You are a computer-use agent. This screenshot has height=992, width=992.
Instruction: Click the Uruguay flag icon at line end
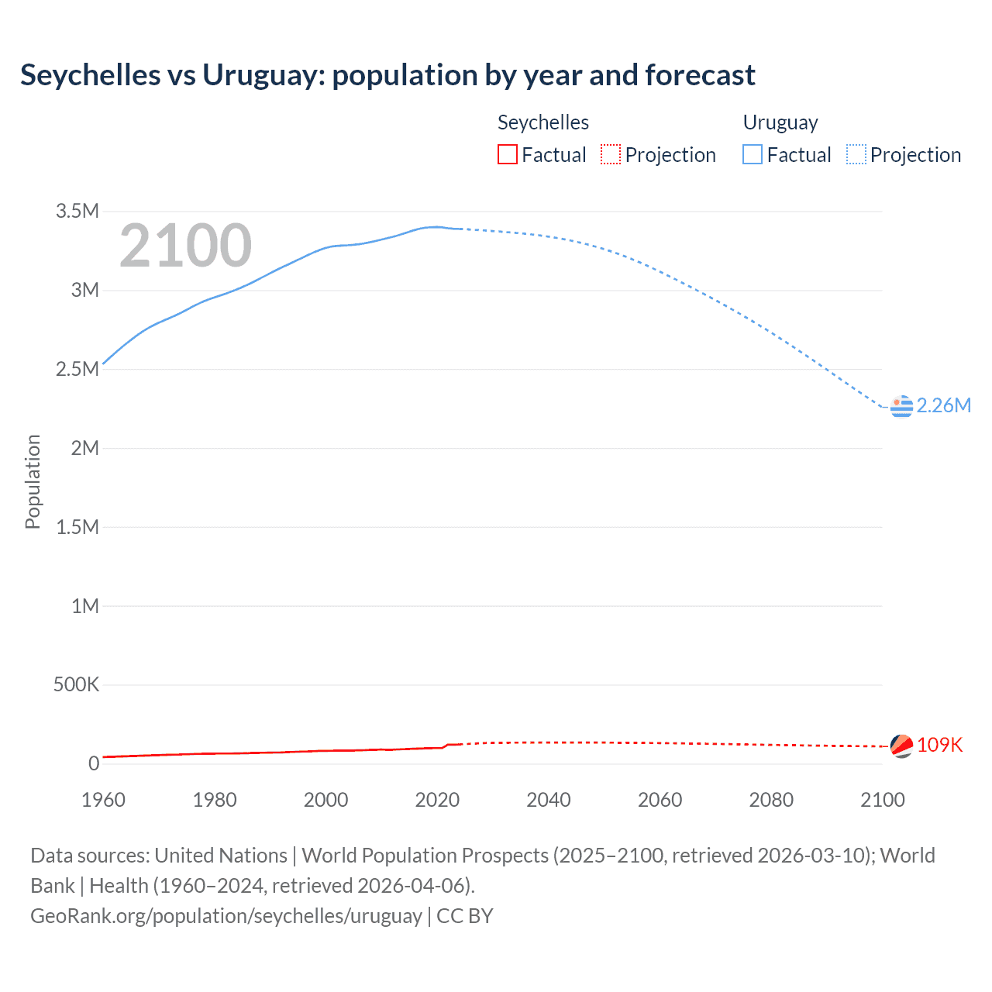pyautogui.click(x=901, y=405)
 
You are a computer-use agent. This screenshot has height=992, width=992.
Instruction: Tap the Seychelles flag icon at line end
pyautogui.click(x=901, y=746)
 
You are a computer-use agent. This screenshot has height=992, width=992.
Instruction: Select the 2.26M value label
pyautogui.click(x=943, y=405)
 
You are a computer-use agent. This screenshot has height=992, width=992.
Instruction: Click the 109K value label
pyautogui.click(x=939, y=745)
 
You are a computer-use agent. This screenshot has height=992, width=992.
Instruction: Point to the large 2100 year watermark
pyautogui.click(x=185, y=246)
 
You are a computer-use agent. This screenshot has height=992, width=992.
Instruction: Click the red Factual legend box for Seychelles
pyautogui.click(x=508, y=155)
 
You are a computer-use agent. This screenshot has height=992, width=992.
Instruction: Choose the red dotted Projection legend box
pyautogui.click(x=611, y=155)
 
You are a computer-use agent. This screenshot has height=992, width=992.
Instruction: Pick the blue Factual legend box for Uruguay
pyautogui.click(x=753, y=155)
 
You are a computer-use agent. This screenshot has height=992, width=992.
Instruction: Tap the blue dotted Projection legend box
pyautogui.click(x=856, y=155)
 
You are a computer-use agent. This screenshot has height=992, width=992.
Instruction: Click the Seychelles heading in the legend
pyautogui.click(x=542, y=122)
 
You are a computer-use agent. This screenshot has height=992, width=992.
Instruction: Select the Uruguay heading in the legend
pyautogui.click(x=780, y=122)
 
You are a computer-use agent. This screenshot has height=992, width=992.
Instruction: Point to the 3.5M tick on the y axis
pyautogui.click(x=77, y=211)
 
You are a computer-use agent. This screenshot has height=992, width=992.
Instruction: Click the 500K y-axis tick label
pyautogui.click(x=76, y=684)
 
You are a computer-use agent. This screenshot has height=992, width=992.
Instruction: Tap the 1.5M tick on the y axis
pyautogui.click(x=77, y=527)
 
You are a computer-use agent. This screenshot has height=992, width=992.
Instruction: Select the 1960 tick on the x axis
pyautogui.click(x=103, y=800)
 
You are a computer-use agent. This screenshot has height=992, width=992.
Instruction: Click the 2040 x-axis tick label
pyautogui.click(x=549, y=800)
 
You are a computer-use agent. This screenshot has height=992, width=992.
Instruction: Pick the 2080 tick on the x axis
pyautogui.click(x=771, y=800)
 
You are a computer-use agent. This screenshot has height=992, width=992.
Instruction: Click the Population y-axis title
pyautogui.click(x=33, y=481)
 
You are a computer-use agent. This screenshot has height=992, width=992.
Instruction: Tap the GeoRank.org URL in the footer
pyautogui.click(x=226, y=916)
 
